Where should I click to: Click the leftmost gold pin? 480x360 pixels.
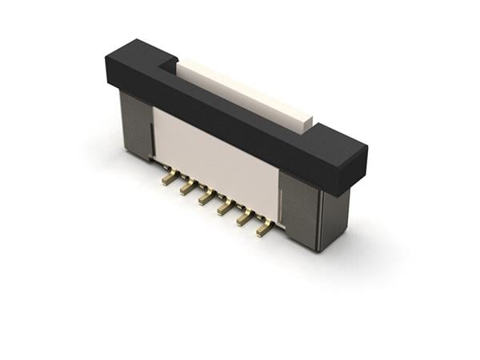point(170,178)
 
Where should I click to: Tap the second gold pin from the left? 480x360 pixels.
point(188,188)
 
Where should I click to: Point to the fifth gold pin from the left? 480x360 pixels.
point(245,218)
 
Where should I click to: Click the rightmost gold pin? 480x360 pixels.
point(264,229)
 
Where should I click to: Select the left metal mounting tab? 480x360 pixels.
point(136,125)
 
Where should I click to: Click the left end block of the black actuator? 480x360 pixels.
point(132,60)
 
